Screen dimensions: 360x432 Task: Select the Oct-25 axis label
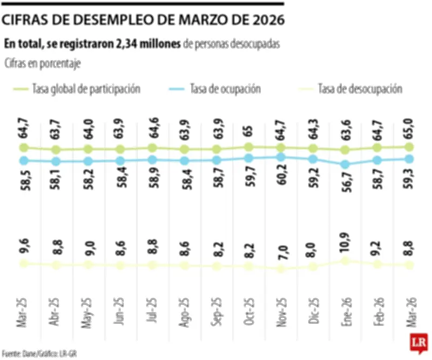tap(249, 311)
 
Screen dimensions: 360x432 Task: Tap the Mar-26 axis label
tap(409, 311)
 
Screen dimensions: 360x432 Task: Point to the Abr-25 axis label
tap(56, 311)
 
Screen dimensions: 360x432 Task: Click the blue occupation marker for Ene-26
tap(345, 164)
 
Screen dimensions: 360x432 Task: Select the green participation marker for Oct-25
tap(249, 146)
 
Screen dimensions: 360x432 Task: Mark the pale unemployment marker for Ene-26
tap(345, 261)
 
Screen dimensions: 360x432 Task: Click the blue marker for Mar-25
tap(23, 160)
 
